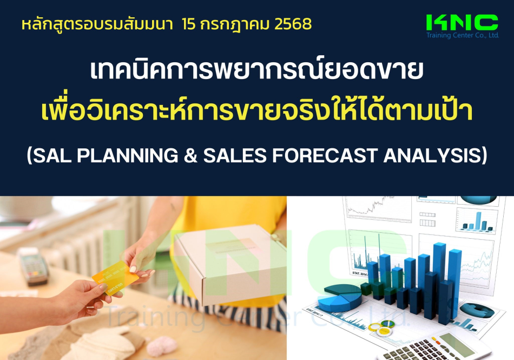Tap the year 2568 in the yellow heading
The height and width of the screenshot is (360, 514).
(293, 24)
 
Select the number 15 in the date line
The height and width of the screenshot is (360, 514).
(188, 24)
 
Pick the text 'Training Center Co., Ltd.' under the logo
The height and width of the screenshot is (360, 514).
(462, 35)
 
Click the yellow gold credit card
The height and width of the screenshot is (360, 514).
(115, 278)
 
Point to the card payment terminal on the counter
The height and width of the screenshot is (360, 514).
(33, 266)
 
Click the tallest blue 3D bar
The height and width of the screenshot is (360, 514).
(439, 283)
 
